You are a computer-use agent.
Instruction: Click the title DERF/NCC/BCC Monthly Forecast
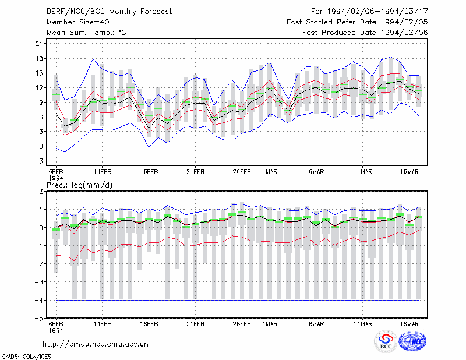tap(109, 12)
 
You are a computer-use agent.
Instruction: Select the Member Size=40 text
tap(78, 22)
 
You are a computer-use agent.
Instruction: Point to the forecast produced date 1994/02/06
tap(404, 33)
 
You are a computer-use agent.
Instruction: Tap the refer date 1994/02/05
tap(404, 22)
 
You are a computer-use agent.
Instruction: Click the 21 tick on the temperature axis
tap(39, 44)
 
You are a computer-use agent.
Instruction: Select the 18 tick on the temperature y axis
tap(39, 58)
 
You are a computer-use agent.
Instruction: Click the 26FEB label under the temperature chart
tap(242, 172)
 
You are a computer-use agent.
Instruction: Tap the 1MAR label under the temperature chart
tap(270, 172)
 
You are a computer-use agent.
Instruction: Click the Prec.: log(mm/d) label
tap(79, 185)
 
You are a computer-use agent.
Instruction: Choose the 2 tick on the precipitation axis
tap(41, 192)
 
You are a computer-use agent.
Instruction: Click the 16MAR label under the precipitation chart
tap(409, 324)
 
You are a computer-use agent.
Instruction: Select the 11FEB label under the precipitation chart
tap(103, 324)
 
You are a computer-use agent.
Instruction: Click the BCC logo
tap(386, 342)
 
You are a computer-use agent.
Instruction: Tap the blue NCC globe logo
tap(412, 341)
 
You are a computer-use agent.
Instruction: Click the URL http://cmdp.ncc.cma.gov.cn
tap(96, 344)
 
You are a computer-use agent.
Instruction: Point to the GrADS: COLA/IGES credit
tap(26, 357)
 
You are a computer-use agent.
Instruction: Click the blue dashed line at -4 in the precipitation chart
tap(238, 300)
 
